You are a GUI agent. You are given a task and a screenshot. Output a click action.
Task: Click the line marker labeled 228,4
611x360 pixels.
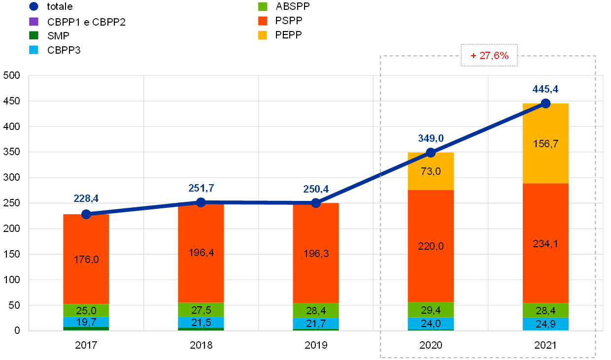pyautogui.click(x=86, y=214)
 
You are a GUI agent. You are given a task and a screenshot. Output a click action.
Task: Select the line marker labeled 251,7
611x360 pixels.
pyautogui.click(x=201, y=202)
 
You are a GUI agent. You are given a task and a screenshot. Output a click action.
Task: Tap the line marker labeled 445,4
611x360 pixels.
pyautogui.click(x=545, y=103)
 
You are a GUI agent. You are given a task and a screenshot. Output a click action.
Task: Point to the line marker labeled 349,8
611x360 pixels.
pyautogui.click(x=431, y=153)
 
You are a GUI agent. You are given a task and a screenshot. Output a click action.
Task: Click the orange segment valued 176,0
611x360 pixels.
pyautogui.click(x=86, y=259)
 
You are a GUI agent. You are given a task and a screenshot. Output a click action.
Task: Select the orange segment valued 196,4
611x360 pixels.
pyautogui.click(x=201, y=253)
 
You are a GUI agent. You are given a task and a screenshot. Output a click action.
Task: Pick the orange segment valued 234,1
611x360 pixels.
pyautogui.click(x=545, y=243)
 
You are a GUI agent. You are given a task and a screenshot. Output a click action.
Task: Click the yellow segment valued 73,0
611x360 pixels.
pyautogui.click(x=431, y=171)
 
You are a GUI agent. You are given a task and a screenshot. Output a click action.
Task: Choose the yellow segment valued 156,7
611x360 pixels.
pyautogui.click(x=545, y=143)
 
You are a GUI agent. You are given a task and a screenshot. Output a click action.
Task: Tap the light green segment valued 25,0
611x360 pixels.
pyautogui.click(x=86, y=311)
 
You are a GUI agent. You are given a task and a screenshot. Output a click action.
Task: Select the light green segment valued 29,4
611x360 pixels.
pyautogui.click(x=431, y=310)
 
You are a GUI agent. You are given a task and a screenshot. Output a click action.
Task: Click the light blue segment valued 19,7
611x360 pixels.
pyautogui.click(x=86, y=322)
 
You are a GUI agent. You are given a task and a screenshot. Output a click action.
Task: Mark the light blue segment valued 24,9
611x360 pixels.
pyautogui.click(x=545, y=324)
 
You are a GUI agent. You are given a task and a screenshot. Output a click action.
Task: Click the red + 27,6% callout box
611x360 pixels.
pyautogui.click(x=489, y=56)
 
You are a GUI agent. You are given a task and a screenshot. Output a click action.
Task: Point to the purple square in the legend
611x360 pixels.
pyautogui.click(x=34, y=21)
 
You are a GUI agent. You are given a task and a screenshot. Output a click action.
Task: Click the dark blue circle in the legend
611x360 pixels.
pyautogui.click(x=34, y=6)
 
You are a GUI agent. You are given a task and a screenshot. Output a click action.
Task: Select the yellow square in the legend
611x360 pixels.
pyautogui.click(x=263, y=35)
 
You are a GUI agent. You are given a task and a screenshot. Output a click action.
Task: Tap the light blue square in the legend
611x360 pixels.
pyautogui.click(x=34, y=50)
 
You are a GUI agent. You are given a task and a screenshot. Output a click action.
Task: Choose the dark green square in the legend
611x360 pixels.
pyautogui.click(x=34, y=35)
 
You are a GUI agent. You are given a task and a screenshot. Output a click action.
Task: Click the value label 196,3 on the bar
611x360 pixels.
pyautogui.click(x=316, y=254)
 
